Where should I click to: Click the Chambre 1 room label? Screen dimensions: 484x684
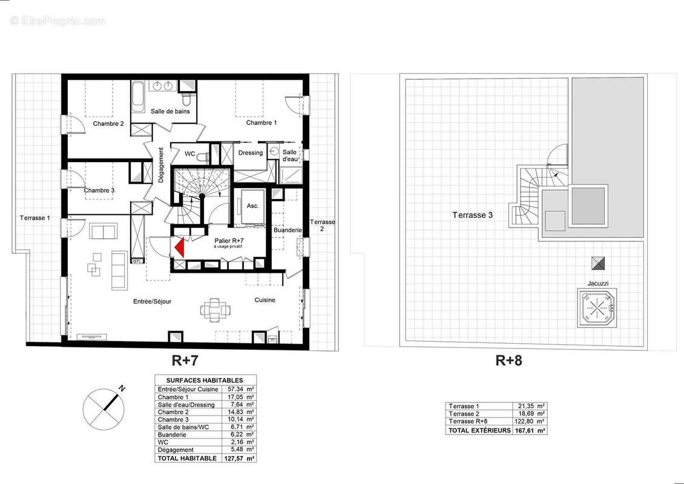pos(261,123)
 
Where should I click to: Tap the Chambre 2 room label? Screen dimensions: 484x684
pos(108,124)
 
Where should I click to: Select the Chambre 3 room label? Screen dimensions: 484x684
pos(99,191)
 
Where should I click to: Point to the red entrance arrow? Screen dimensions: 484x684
pos(179,247)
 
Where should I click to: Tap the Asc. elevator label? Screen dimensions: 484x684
pos(252,206)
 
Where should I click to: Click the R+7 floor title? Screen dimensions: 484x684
pos(185,361)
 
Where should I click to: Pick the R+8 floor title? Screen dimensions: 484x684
pos(508,361)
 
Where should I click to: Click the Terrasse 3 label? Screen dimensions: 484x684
pos(473,215)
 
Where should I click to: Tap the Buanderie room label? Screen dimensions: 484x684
pos(288,230)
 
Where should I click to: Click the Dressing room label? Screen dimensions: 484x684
pos(251,153)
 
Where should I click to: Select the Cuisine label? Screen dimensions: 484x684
pos(265,300)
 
